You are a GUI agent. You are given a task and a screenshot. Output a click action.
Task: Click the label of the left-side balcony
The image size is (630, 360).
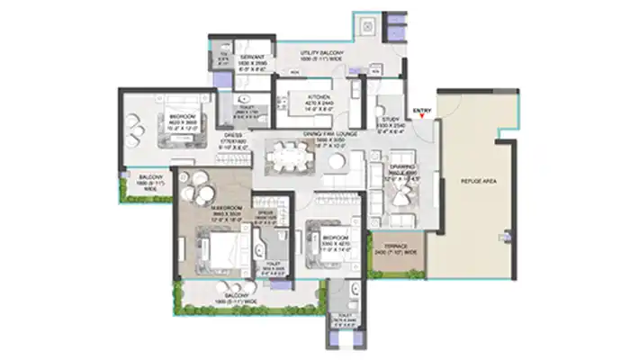tap(144, 179)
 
